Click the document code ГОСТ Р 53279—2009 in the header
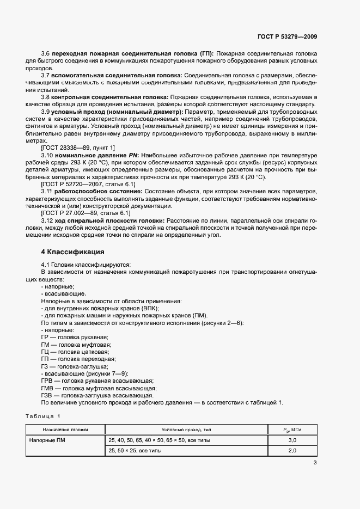[x=287, y=36]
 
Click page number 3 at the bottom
[x=315, y=463]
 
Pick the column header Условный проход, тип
[x=186, y=429]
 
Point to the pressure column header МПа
[x=292, y=429]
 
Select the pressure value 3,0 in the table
[x=292, y=440]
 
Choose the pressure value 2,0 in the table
[x=292, y=451]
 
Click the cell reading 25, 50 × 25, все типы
[x=139, y=451]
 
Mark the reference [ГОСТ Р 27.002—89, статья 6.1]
[x=86, y=213]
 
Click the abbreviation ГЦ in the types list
[x=45, y=352]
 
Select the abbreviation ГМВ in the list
[x=47, y=388]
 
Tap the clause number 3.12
[x=47, y=220]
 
